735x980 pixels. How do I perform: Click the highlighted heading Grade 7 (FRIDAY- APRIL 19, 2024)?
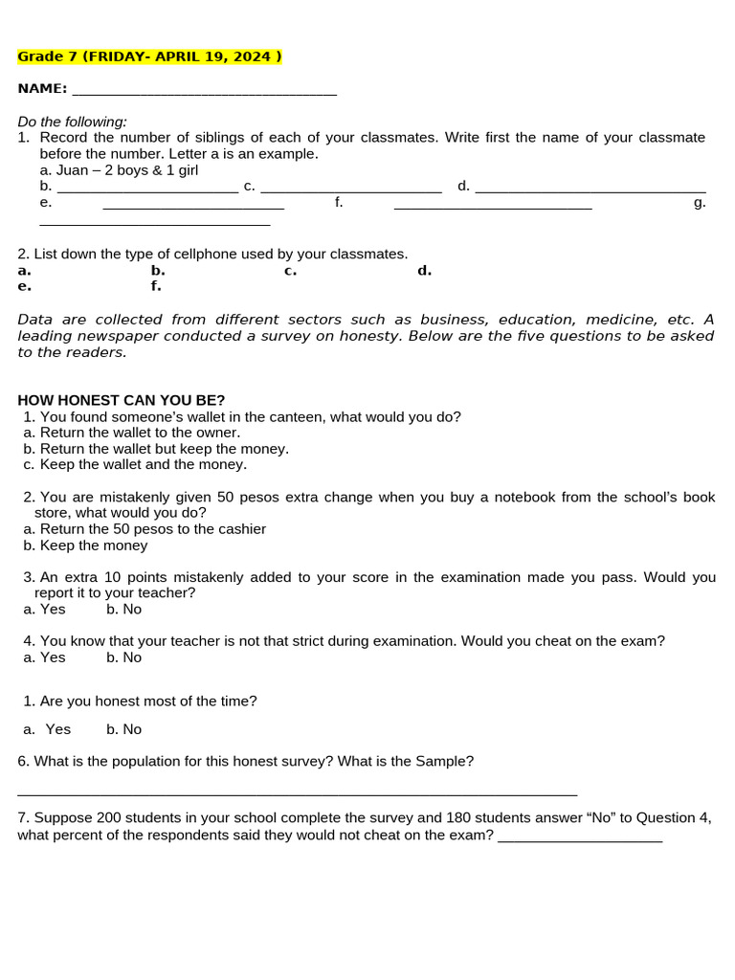(149, 56)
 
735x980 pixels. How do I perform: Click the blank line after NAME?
(204, 90)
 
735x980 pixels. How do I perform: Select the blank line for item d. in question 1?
(590, 187)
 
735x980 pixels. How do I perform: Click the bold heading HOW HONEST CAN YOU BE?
(122, 400)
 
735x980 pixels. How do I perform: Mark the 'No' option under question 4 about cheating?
(124, 657)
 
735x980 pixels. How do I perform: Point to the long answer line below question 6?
(297, 792)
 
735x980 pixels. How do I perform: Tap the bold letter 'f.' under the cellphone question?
(156, 286)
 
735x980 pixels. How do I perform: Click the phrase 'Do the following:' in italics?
(72, 122)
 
